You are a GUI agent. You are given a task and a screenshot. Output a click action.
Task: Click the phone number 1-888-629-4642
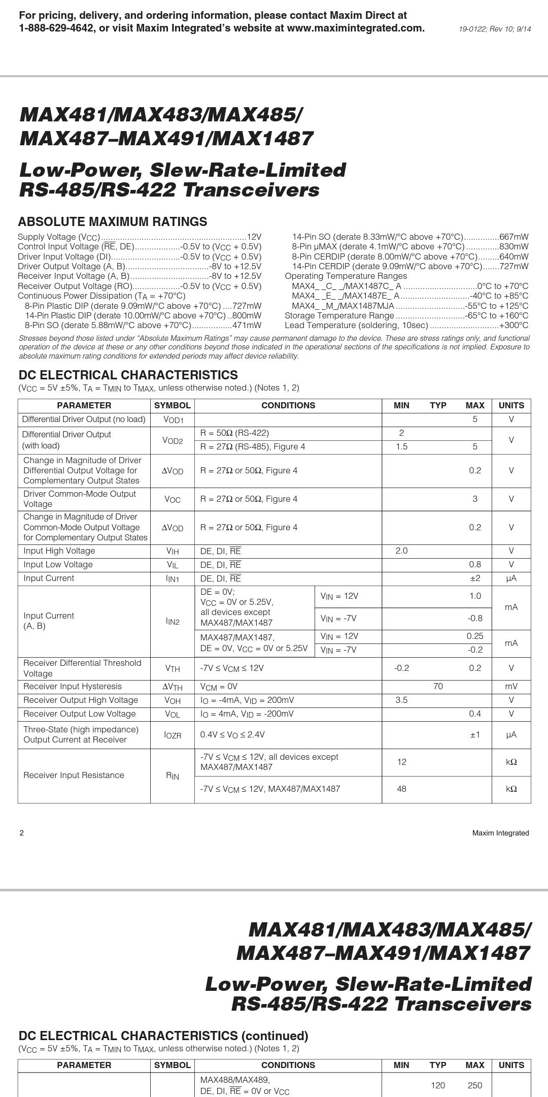pyautogui.click(x=56, y=28)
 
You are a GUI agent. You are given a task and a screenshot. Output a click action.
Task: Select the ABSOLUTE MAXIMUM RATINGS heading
pyautogui.click(x=112, y=221)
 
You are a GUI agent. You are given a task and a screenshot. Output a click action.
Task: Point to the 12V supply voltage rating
pyautogui.click(x=254, y=237)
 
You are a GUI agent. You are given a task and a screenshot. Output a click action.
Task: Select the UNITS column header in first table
pyautogui.click(x=511, y=405)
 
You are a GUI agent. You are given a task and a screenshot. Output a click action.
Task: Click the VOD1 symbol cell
pyautogui.click(x=173, y=420)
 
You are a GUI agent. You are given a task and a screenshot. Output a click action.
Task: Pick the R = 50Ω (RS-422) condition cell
pyautogui.click(x=234, y=433)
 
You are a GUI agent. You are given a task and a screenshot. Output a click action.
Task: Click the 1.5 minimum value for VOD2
pyautogui.click(x=401, y=446)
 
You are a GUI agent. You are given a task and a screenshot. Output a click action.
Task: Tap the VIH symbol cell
pyautogui.click(x=173, y=551)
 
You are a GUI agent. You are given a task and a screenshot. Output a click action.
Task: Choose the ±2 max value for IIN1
pyautogui.click(x=475, y=578)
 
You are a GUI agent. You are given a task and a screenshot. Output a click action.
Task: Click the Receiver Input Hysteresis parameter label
pyautogui.click(x=73, y=686)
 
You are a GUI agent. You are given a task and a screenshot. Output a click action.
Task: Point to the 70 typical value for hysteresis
pyautogui.click(x=438, y=686)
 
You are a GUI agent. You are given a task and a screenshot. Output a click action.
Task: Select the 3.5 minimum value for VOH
pyautogui.click(x=401, y=700)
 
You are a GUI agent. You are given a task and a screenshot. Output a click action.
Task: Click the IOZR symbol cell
pyautogui.click(x=173, y=735)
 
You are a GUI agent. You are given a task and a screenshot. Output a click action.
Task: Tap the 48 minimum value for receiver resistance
pyautogui.click(x=401, y=789)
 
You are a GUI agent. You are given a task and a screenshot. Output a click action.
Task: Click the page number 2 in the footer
pyautogui.click(x=21, y=833)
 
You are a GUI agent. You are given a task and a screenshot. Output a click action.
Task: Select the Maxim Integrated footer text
pyautogui.click(x=500, y=833)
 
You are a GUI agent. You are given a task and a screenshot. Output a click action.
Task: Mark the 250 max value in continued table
pyautogui.click(x=475, y=1085)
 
